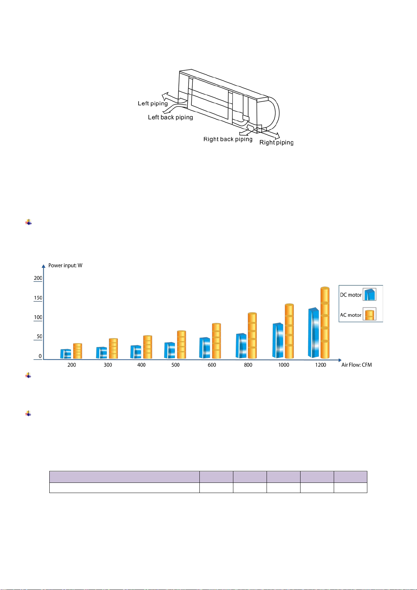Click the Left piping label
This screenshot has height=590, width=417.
tap(153, 104)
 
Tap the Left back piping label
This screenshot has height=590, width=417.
tap(170, 117)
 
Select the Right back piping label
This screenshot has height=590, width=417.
tap(228, 139)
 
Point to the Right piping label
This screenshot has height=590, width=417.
tap(276, 143)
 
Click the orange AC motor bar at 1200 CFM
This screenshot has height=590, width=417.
tap(325, 322)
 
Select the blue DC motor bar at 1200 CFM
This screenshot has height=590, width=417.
tap(313, 333)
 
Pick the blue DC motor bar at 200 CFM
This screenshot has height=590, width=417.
tap(65, 354)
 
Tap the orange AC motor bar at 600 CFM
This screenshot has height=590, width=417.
tap(216, 341)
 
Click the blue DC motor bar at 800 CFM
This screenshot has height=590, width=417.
tap(241, 346)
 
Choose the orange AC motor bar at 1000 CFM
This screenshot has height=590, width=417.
tap(289, 331)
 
